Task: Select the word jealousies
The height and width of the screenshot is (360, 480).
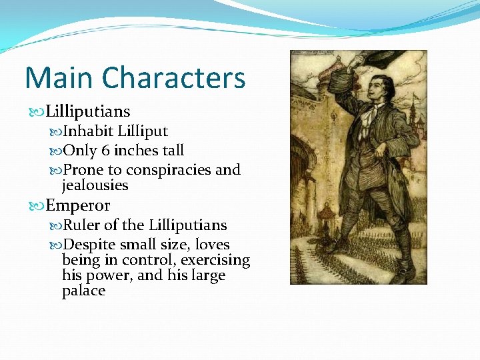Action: (x=95, y=185)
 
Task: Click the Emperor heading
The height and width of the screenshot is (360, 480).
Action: (x=78, y=205)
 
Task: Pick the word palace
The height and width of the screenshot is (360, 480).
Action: (x=83, y=291)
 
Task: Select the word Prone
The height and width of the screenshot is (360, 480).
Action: (x=81, y=170)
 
